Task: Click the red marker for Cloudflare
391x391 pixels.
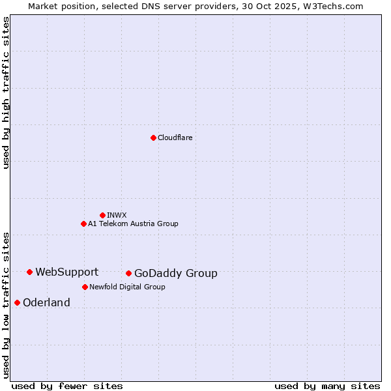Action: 153,138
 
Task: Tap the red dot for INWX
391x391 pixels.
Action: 102,215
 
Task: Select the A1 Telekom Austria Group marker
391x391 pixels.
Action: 83,224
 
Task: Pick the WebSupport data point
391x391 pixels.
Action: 29,272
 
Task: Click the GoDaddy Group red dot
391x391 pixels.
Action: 128,273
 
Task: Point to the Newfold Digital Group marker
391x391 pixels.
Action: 85,287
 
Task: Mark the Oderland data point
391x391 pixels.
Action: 17,302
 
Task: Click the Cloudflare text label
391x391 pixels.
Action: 175,138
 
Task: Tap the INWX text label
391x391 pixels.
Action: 117,215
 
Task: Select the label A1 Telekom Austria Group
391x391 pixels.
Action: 133,224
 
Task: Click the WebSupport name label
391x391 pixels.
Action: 66,272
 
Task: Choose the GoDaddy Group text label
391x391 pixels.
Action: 175,274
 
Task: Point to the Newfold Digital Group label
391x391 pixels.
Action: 127,287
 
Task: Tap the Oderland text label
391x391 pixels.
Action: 46,303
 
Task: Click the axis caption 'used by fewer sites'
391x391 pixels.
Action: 67,386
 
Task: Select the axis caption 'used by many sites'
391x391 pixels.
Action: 327,386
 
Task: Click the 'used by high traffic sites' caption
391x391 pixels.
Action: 6,93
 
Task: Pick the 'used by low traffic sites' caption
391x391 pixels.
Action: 6,304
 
